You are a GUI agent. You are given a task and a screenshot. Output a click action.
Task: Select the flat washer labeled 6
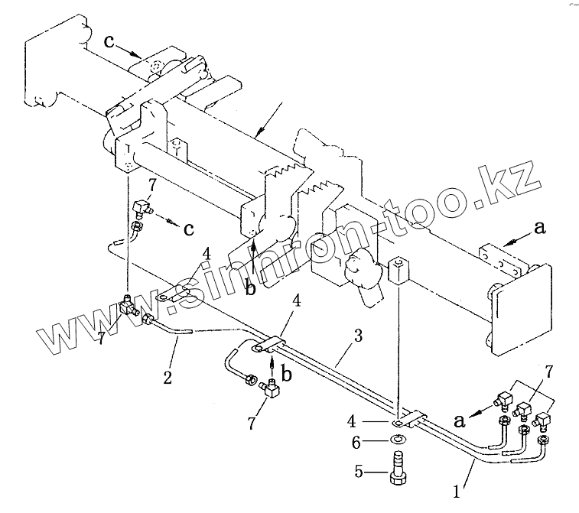[x=398, y=440]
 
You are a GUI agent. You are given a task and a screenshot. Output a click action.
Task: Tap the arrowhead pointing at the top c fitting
[x=138, y=54]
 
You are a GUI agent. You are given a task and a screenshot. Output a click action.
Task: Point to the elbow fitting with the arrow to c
[x=141, y=207]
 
